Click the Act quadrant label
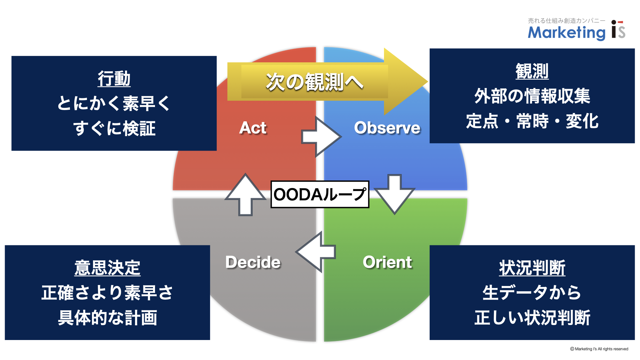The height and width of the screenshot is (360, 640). tap(253, 128)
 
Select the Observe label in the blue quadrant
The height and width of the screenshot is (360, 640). tap(387, 128)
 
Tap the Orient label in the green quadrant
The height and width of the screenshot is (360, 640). tap(387, 262)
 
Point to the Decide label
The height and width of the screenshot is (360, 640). tap(253, 262)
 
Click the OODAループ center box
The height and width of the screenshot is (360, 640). tap(320, 194)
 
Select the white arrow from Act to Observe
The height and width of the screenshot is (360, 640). tap(321, 137)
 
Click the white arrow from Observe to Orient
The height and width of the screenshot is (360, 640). tap(395, 194)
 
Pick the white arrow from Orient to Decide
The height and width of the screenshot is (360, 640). tap(316, 252)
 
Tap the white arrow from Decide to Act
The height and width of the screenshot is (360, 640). tap(246, 195)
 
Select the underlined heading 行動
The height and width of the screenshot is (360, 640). tap(114, 79)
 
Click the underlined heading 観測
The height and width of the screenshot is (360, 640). tap(532, 71)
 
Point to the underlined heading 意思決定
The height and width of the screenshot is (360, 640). tap(107, 268)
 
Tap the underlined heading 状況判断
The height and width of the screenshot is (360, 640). tap(532, 268)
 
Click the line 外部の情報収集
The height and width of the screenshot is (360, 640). tap(532, 96)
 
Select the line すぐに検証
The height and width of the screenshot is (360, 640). tap(114, 128)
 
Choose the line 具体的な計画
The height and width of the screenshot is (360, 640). tap(107, 318)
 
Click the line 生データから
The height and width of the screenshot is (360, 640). tap(532, 293)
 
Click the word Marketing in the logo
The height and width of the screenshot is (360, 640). tap(567, 33)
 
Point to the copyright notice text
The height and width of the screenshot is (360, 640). tap(599, 349)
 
